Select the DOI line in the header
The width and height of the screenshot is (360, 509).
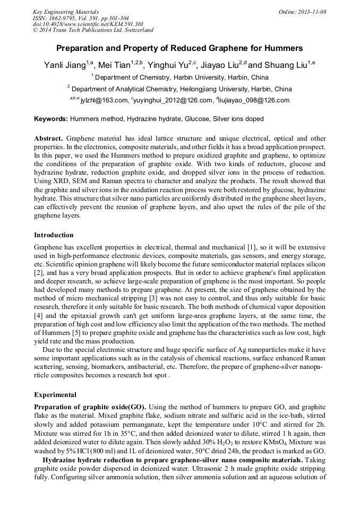point(88,24)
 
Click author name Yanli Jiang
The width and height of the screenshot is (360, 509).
point(65,65)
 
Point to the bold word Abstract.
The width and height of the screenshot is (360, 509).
point(49,137)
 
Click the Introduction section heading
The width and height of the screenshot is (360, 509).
point(54,235)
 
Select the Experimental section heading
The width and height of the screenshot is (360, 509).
point(55,395)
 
